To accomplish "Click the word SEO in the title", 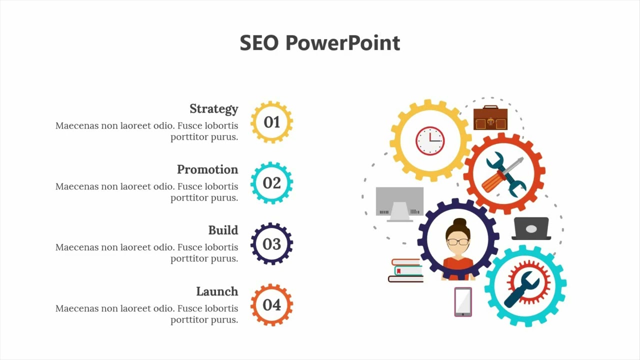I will (x=258, y=43).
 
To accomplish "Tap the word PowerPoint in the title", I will (x=342, y=43).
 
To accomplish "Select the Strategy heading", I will (x=213, y=108).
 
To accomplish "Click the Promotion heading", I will (x=207, y=169).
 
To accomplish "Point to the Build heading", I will (x=223, y=230).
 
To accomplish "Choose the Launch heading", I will (x=217, y=291).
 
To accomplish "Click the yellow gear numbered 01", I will (x=271, y=122).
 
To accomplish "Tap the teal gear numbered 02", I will (x=271, y=183).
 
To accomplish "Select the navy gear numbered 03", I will (x=271, y=244).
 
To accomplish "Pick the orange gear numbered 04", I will (x=271, y=305).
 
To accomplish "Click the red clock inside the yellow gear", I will (x=430, y=140).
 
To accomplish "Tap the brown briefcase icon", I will (x=490, y=118).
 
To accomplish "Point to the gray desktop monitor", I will (x=399, y=203).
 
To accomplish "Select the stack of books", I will (x=406, y=270).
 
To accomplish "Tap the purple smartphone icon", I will (x=463, y=302).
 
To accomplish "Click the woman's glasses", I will (x=458, y=242).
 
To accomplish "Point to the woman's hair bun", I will (x=459, y=222).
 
